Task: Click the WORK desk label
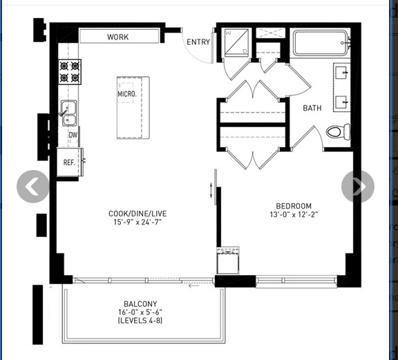point(117,37)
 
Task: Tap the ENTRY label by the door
point(198,42)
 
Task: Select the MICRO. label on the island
point(127,94)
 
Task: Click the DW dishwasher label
point(73,135)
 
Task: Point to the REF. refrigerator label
point(69,162)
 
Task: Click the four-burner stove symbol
point(70,72)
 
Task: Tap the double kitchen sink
point(69,113)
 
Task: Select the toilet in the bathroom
point(338,132)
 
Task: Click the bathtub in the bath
point(321,43)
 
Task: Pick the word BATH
point(312,108)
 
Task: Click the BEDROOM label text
point(294,206)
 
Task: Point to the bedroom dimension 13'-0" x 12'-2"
point(294,214)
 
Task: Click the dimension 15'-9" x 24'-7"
point(138,222)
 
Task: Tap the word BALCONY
point(140,304)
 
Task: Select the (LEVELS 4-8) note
point(140,321)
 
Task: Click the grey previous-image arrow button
point(33,187)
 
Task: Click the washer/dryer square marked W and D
point(236,42)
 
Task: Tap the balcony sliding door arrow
point(194,286)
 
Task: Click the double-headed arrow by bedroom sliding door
point(211,190)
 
